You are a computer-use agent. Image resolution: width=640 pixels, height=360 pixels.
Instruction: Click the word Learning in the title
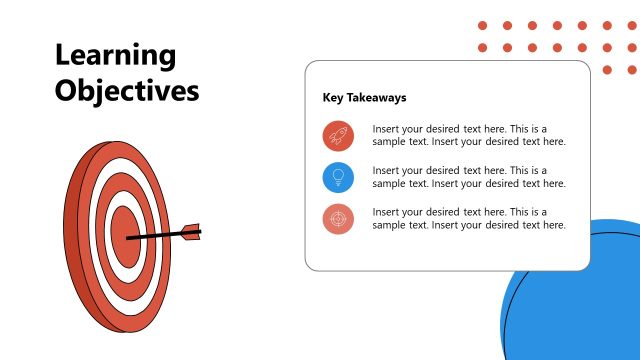[x=115, y=56]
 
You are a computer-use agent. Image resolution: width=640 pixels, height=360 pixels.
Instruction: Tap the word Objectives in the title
[x=127, y=91]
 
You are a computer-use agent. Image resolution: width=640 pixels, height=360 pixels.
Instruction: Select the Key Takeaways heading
[x=364, y=98]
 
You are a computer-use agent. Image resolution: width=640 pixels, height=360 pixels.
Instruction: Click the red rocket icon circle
[x=338, y=135]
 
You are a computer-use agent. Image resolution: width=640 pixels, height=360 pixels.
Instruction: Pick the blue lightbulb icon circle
[x=338, y=177]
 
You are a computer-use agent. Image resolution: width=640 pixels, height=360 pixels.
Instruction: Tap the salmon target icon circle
[x=338, y=219]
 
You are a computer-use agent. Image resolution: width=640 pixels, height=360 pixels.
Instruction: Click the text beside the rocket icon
[x=469, y=135]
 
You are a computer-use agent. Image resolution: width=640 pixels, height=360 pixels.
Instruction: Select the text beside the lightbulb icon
[x=469, y=177]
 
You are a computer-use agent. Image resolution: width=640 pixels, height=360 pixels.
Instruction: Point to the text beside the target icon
[x=469, y=219]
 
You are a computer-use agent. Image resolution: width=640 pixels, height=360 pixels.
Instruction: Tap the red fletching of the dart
[x=191, y=230]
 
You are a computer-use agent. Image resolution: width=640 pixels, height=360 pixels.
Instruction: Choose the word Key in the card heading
[x=333, y=98]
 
